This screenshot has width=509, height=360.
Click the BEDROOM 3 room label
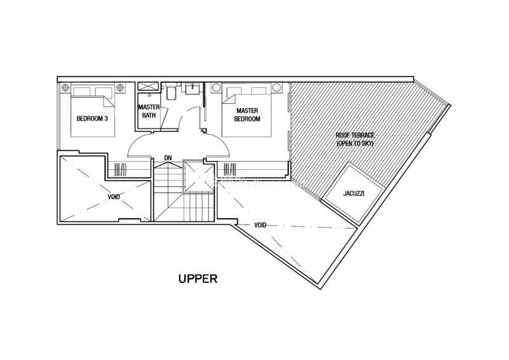(x=92, y=118)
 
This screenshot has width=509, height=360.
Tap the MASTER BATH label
(x=149, y=111)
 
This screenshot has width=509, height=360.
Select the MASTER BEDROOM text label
(x=247, y=115)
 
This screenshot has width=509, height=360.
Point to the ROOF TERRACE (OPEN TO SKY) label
(x=355, y=139)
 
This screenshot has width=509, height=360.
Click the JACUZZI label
(x=354, y=193)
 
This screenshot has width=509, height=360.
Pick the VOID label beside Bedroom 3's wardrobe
(x=114, y=197)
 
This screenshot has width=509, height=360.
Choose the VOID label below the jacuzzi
(x=260, y=225)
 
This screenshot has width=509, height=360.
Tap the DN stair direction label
(x=168, y=158)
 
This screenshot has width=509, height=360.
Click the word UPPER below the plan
(x=198, y=279)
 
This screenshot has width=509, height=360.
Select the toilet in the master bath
(x=171, y=92)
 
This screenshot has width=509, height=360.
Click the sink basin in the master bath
(x=193, y=88)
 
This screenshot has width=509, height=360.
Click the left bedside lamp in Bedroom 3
(x=66, y=87)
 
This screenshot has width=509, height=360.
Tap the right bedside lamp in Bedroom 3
(x=120, y=87)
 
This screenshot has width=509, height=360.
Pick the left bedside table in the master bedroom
(x=216, y=88)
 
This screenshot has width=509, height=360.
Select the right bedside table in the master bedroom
(x=277, y=88)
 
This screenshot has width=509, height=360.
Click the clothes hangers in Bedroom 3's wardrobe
(x=120, y=169)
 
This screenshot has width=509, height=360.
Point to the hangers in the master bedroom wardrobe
(x=230, y=169)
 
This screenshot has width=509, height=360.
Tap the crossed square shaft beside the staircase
(x=199, y=178)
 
